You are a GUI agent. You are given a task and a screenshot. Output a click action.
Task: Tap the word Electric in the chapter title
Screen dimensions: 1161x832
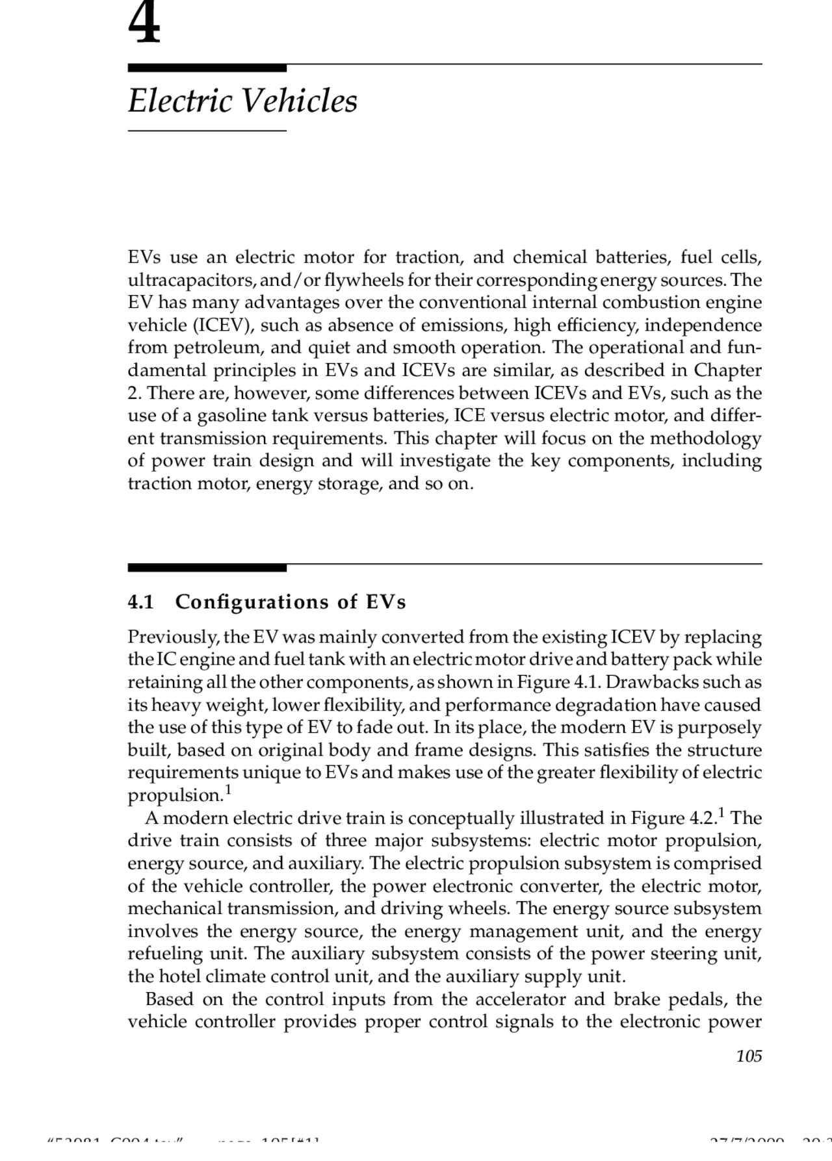tap(180, 101)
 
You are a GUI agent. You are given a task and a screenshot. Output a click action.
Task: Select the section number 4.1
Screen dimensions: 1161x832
tap(140, 602)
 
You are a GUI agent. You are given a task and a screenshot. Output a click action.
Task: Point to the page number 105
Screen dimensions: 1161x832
tap(749, 1056)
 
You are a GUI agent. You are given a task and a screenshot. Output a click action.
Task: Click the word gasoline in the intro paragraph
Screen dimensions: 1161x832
tap(231, 416)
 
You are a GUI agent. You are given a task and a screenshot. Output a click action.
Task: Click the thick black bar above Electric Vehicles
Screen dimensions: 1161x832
tap(207, 68)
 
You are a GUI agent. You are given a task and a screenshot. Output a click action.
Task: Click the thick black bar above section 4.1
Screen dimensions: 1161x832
tap(207, 568)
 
